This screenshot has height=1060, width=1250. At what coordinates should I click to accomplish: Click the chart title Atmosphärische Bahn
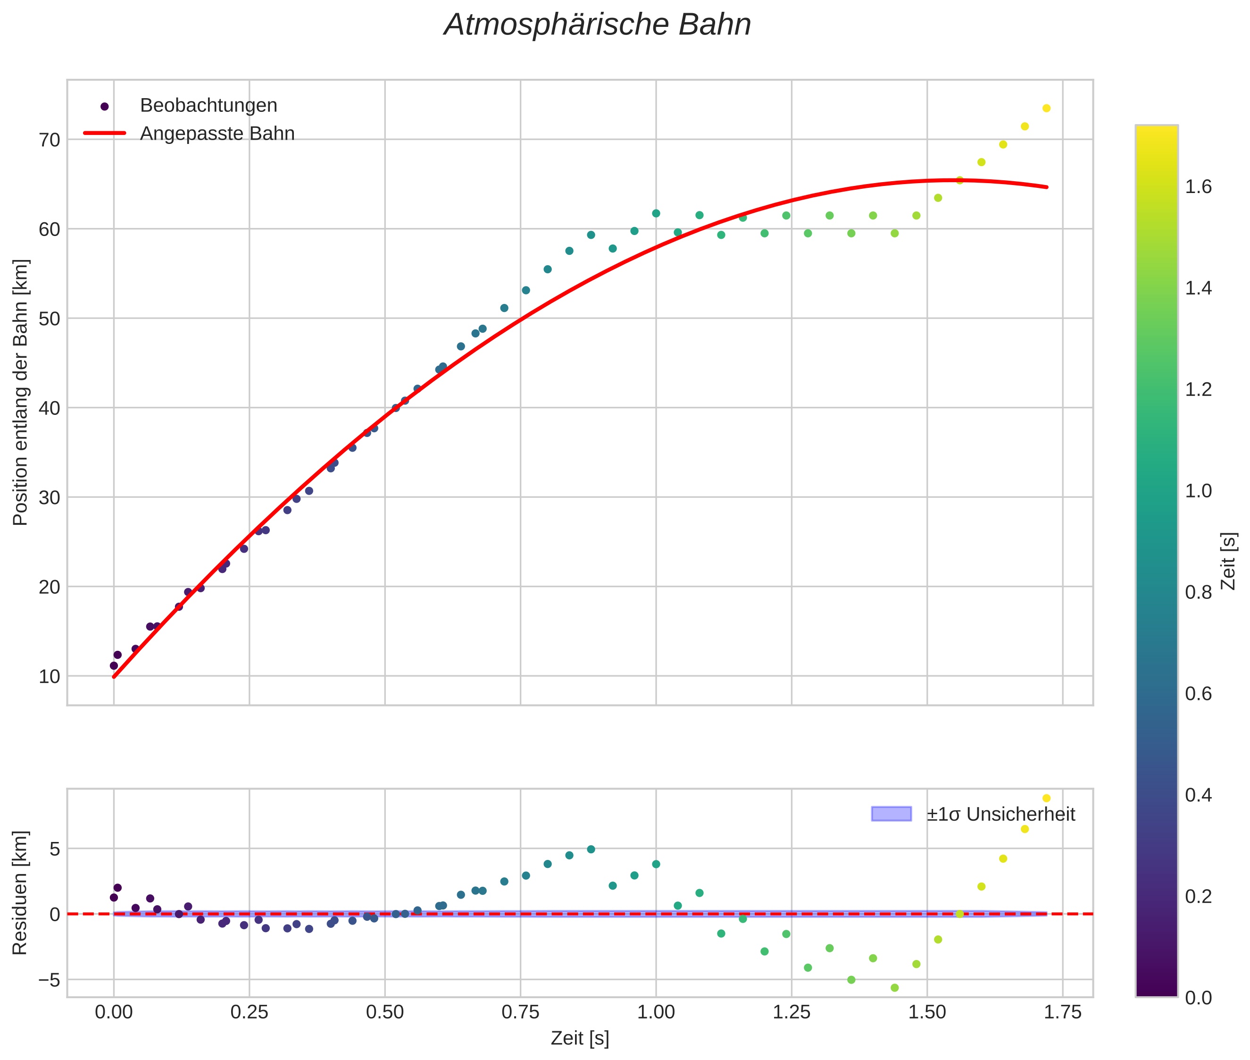[597, 25]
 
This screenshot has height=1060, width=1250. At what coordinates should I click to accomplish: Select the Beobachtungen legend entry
[208, 106]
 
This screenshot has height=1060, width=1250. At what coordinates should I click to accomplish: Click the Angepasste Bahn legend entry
[217, 134]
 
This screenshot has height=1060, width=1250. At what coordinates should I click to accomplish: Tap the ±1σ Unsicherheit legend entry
[1000, 814]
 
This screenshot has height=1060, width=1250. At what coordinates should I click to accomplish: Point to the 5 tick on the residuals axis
[55, 849]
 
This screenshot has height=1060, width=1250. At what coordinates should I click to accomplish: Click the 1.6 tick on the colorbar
[1198, 187]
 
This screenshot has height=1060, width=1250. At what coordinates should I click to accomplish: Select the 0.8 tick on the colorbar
[1198, 592]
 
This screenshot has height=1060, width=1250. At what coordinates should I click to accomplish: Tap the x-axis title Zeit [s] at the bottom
[580, 1039]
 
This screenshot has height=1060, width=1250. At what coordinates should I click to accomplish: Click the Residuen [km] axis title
[20, 893]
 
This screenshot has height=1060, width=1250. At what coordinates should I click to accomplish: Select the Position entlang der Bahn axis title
[20, 392]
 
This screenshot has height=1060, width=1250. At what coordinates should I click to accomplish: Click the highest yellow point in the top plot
[1046, 108]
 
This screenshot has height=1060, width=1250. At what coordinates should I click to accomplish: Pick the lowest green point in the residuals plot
[894, 988]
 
